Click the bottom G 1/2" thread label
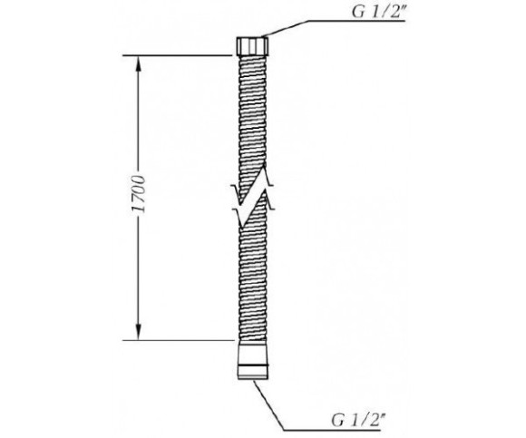pos(357,420)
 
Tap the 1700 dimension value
pos(139,194)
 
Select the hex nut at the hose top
pos(252,46)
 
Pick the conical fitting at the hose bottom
pos(253,360)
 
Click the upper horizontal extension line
pos(177,55)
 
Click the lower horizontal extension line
pos(178,340)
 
